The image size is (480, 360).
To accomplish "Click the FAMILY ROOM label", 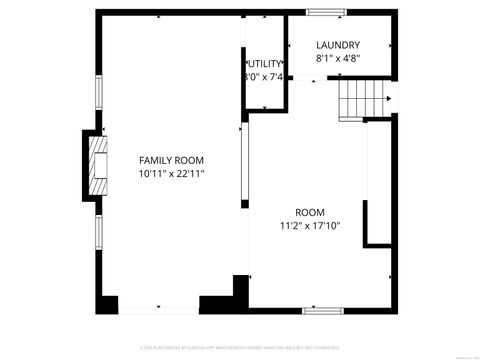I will click(x=171, y=160).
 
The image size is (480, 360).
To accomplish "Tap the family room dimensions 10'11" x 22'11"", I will click(x=171, y=174).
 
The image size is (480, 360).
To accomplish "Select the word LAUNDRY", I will click(x=338, y=45).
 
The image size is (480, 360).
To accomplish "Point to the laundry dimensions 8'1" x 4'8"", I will click(x=338, y=59).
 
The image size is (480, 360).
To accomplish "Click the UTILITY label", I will click(x=265, y=63).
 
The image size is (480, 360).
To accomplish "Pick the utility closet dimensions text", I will click(x=265, y=77).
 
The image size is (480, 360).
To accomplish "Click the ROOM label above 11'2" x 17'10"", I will click(x=310, y=211).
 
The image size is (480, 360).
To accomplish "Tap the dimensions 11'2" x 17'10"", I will click(x=310, y=225).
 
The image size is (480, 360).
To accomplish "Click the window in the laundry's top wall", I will click(x=322, y=12).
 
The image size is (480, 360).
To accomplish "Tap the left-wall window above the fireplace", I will click(x=98, y=96).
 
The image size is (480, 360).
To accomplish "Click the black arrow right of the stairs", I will click(x=389, y=98).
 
